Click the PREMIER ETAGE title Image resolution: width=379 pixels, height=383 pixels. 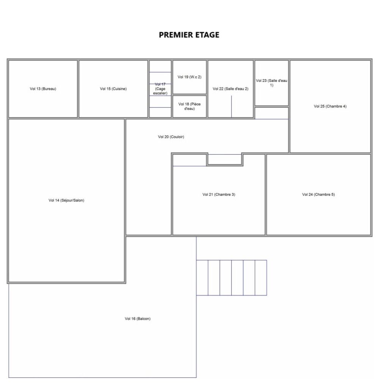tap(189, 35)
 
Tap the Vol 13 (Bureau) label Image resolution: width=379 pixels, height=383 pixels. tap(43, 89)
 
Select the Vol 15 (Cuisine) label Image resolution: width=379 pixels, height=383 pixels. tap(113, 89)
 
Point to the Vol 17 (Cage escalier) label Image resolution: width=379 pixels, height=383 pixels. tap(160, 89)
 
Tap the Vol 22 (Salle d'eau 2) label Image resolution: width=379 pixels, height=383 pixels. tap(230, 89)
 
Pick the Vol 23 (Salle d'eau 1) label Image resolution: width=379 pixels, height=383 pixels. tap(271, 83)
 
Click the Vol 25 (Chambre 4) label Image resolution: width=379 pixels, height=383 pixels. tap(330, 106)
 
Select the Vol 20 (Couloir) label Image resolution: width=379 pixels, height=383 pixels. tap(171, 137)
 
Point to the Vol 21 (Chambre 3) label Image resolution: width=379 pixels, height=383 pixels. tap(219, 195)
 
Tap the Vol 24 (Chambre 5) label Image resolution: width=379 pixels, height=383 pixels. tap(318, 195)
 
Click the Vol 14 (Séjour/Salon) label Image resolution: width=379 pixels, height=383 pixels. tap(66, 200)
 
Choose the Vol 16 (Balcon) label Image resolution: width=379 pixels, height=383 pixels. tap(138, 319)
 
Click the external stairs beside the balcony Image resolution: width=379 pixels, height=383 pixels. tap(231, 278)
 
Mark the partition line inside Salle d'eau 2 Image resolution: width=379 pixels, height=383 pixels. tap(232, 107)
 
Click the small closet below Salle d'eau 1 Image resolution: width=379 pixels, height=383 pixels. tap(271, 113)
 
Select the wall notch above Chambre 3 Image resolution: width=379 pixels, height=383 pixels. tap(224, 159)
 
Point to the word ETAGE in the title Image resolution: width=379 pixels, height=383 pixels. tap(207, 35)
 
